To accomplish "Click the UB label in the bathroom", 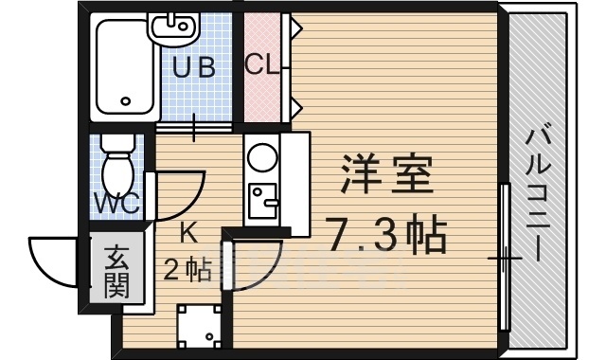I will coord(193,68).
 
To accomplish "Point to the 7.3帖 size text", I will coord(385,233).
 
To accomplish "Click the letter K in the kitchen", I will coord(188,230).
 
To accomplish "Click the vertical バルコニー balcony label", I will coord(536,194).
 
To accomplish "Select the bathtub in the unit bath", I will coord(124,71).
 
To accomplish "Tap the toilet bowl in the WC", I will coord(118,171).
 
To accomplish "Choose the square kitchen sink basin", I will coord(260,199).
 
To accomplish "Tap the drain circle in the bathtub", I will coord(125,100).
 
